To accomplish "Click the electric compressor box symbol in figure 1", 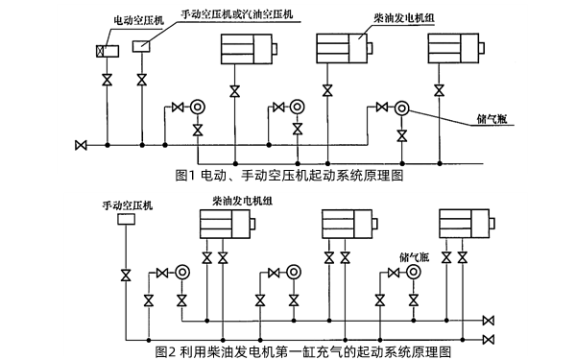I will pos(107,51).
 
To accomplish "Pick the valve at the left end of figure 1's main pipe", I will pos(81,146).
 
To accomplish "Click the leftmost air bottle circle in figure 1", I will pos(198,108).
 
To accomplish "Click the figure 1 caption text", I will pos(289,176).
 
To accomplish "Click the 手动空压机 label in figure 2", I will pos(119,205).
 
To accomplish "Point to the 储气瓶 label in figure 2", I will pos(413,257).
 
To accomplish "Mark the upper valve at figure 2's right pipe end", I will pos(490,320).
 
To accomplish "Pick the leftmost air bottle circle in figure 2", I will pos(182,273).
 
